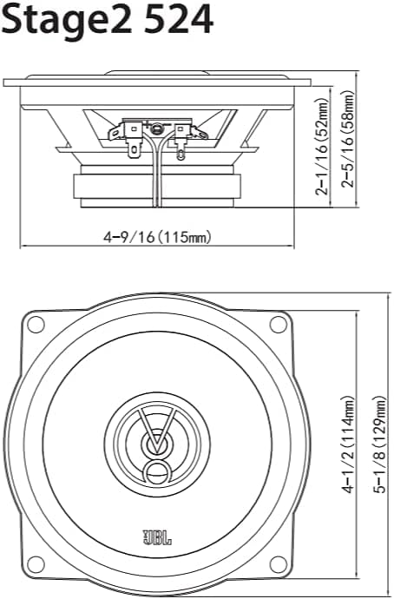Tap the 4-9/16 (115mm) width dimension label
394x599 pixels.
coord(158,236)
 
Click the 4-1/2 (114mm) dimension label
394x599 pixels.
coord(349,445)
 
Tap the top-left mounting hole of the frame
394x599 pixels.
coord(36,325)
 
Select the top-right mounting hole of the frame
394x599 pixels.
coord(278,325)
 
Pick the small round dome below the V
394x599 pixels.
coord(157,473)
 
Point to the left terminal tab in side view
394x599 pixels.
coord(131,139)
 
